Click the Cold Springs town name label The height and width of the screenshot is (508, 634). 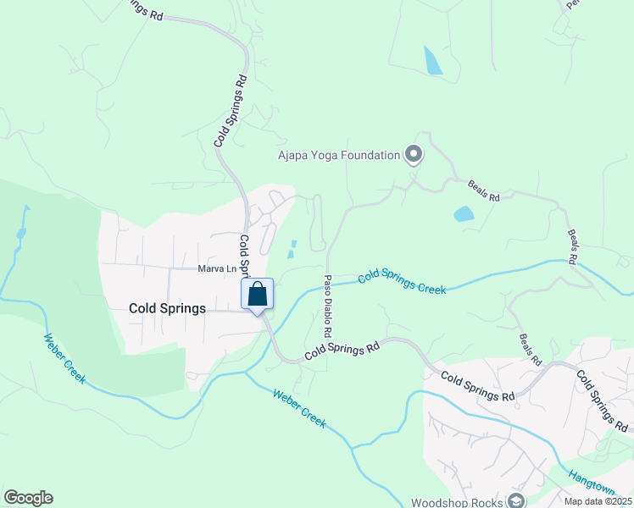[167, 309]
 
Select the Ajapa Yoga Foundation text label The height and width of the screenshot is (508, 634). [338, 155]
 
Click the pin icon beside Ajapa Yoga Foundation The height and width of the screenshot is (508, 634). [414, 154]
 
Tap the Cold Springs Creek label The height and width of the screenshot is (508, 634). [402, 282]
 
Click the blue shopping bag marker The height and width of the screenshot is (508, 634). [258, 295]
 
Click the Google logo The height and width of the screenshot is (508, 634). [28, 498]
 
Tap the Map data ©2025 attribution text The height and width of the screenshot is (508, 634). [598, 501]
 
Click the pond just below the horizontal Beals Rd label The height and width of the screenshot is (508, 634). [464, 214]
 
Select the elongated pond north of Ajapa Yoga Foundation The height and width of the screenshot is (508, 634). [432, 60]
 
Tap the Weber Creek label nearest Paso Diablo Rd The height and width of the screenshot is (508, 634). [300, 407]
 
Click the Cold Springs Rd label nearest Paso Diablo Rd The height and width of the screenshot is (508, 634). [341, 349]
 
